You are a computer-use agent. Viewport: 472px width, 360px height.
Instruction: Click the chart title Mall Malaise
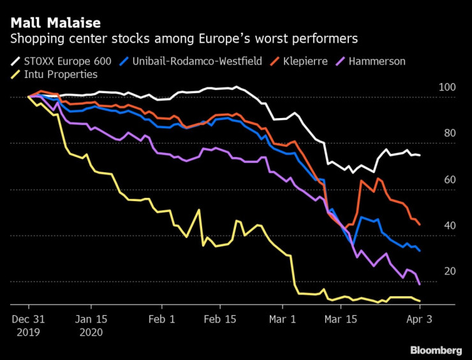point(55,23)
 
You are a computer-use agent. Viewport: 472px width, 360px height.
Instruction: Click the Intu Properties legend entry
point(61,75)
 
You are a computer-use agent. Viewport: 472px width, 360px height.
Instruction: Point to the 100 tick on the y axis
point(446,87)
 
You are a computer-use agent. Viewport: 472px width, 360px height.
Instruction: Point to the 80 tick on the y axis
point(449,133)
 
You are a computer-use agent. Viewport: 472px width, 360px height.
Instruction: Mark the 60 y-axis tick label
point(449,180)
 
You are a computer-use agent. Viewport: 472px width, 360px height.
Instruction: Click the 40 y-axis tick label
point(449,226)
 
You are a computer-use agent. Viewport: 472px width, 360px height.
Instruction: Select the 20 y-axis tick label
point(449,272)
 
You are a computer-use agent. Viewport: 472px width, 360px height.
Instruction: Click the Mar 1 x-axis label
point(283,319)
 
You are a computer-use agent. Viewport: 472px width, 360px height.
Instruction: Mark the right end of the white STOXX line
point(420,155)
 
